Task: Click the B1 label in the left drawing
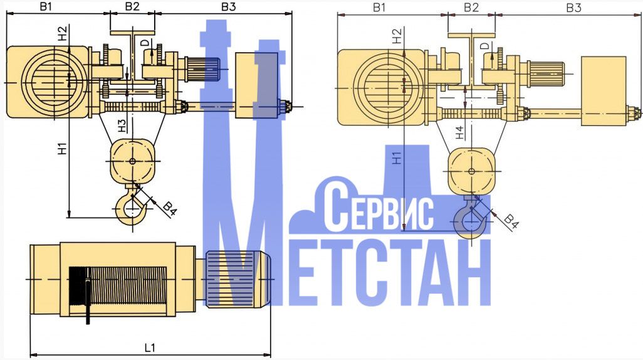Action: [45, 7]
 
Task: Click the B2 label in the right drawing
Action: [471, 8]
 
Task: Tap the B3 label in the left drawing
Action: [229, 7]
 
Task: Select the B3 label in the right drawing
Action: [574, 8]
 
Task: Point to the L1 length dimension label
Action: [150, 347]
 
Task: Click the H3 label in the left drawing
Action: [123, 125]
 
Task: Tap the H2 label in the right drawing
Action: [395, 36]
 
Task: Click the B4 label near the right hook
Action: [511, 220]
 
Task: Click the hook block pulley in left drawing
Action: [132, 161]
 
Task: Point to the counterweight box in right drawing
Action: [604, 90]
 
